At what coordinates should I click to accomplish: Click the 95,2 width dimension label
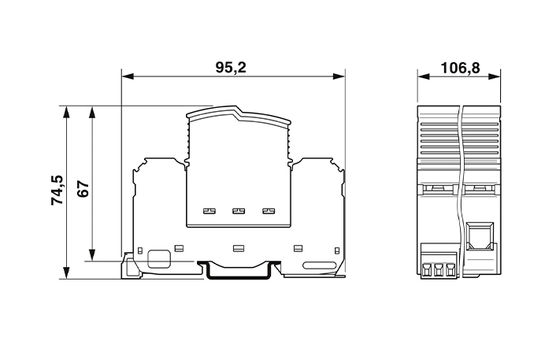pyautogui.click(x=231, y=68)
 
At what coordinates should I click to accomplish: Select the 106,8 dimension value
pyautogui.click(x=460, y=68)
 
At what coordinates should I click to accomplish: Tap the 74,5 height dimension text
pyautogui.click(x=57, y=190)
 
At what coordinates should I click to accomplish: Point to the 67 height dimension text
pyautogui.click(x=83, y=189)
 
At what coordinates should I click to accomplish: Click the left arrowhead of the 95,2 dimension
pyautogui.click(x=128, y=76)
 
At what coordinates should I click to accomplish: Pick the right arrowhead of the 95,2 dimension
pyautogui.click(x=339, y=76)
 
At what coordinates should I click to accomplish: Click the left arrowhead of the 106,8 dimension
pyautogui.click(x=423, y=76)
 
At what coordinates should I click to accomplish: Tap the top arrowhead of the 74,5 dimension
pyautogui.click(x=66, y=112)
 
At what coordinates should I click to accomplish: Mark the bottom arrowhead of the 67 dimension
pyautogui.click(x=91, y=254)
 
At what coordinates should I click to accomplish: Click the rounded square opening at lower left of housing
pyautogui.click(x=159, y=259)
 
